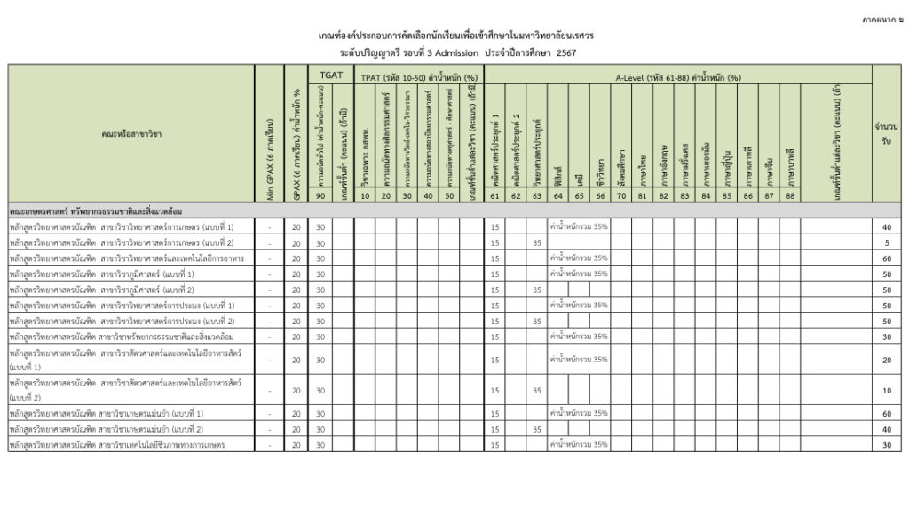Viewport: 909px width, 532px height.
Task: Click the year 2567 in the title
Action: [x=566, y=53]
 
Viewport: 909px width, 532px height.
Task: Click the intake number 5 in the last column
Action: [x=886, y=242]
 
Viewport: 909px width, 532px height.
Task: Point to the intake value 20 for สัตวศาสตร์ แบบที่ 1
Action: [x=886, y=360]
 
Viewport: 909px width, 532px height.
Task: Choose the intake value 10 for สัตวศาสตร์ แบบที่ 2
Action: [x=886, y=391]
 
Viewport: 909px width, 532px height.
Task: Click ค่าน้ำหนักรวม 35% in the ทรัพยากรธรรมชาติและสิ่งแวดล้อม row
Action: [x=579, y=337]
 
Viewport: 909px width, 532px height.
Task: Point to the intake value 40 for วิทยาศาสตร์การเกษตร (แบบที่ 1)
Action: [x=886, y=227]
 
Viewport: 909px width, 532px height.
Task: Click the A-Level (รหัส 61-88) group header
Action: [x=678, y=76]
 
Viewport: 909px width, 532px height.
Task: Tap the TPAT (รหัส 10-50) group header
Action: [x=419, y=76]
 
